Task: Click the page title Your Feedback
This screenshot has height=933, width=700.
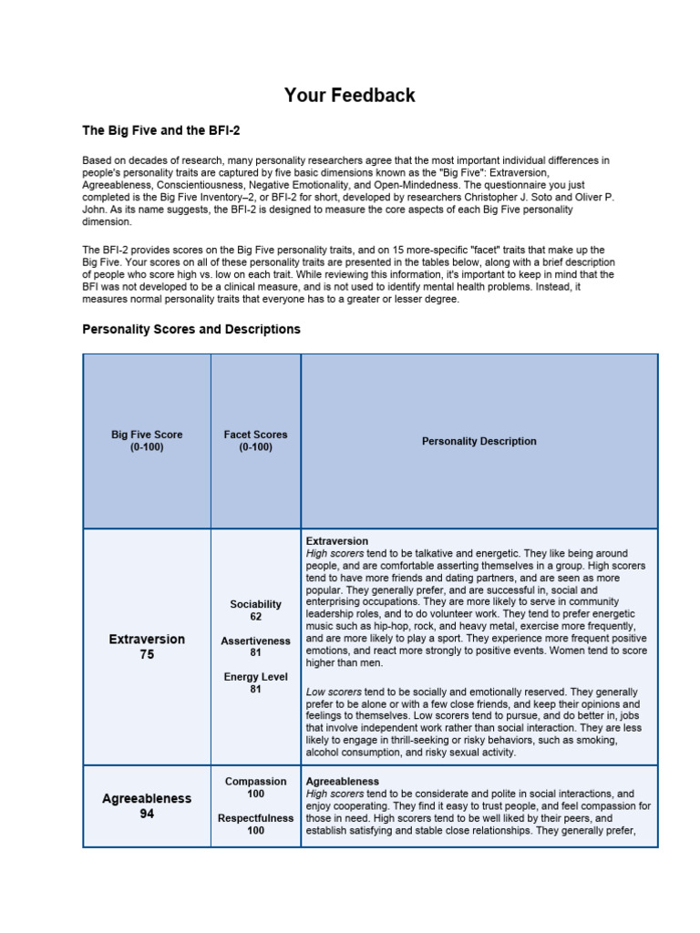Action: pyautogui.click(x=349, y=96)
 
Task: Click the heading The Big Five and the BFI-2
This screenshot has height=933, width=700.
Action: pyautogui.click(x=161, y=131)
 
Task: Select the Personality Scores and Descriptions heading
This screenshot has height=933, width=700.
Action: pyautogui.click(x=191, y=329)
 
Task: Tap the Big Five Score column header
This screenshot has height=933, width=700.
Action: pyautogui.click(x=147, y=435)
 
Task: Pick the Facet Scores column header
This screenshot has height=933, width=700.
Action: pyautogui.click(x=255, y=435)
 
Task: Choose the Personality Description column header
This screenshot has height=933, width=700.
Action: pyautogui.click(x=479, y=441)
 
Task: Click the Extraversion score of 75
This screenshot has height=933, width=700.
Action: pyautogui.click(x=147, y=654)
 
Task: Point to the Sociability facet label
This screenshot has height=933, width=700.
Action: pyautogui.click(x=255, y=604)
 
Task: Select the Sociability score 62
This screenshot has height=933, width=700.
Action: pyautogui.click(x=255, y=617)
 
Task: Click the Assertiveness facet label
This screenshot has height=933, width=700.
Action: pyautogui.click(x=255, y=641)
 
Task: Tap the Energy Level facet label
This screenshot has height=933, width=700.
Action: pyautogui.click(x=255, y=677)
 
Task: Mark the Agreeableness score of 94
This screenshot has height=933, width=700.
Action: pyautogui.click(x=147, y=814)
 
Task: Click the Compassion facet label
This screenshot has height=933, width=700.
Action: pyautogui.click(x=255, y=782)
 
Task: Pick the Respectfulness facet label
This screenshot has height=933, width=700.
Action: pyautogui.click(x=255, y=818)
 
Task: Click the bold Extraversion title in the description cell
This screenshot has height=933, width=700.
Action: pyautogui.click(x=337, y=541)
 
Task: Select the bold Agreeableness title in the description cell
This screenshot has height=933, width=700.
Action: pyautogui.click(x=343, y=782)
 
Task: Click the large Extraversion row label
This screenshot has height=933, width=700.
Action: pyautogui.click(x=147, y=639)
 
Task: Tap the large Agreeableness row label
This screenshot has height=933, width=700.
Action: pyautogui.click(x=147, y=798)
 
